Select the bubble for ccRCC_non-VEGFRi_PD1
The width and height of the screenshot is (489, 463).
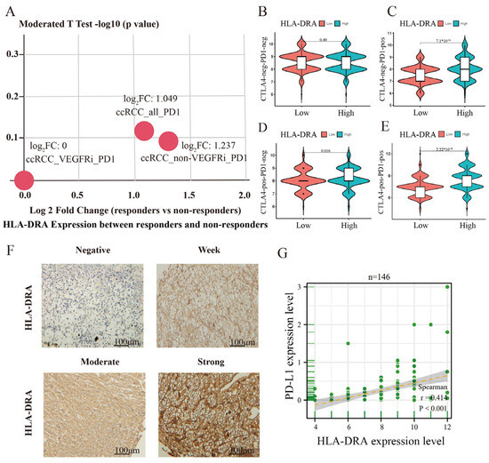point(168,140)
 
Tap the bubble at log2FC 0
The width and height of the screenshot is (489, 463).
point(24,180)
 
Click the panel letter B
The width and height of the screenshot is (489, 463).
point(265,12)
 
